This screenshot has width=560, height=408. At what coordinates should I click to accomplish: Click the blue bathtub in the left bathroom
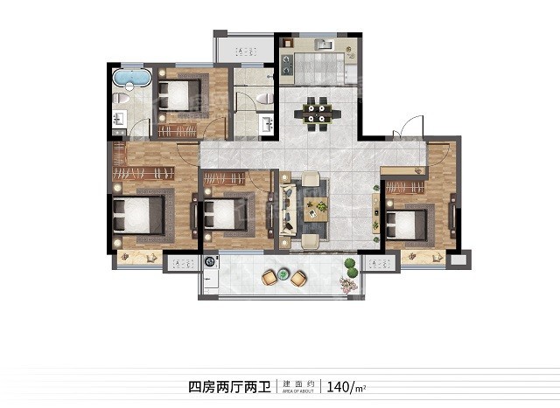click(131, 80)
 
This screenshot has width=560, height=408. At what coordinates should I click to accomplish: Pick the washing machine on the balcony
click(210, 261)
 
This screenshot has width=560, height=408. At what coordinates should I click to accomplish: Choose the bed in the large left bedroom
click(139, 215)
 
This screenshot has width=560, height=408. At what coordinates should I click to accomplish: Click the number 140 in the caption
click(338, 384)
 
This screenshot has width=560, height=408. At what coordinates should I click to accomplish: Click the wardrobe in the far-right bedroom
click(405, 187)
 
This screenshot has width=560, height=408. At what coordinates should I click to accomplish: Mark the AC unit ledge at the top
click(243, 49)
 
